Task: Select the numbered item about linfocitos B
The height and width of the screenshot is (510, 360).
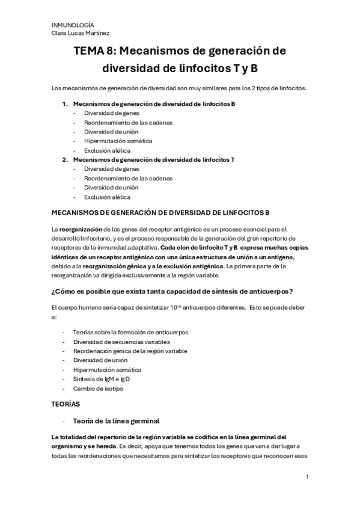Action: (153, 104)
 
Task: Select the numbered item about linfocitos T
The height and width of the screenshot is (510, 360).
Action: (153, 159)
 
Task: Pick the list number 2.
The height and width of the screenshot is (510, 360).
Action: (66, 159)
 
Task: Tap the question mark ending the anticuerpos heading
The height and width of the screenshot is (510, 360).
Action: (291, 292)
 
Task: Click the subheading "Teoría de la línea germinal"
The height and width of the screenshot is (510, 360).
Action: (115, 421)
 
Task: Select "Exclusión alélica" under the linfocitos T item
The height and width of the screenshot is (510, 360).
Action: (107, 196)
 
